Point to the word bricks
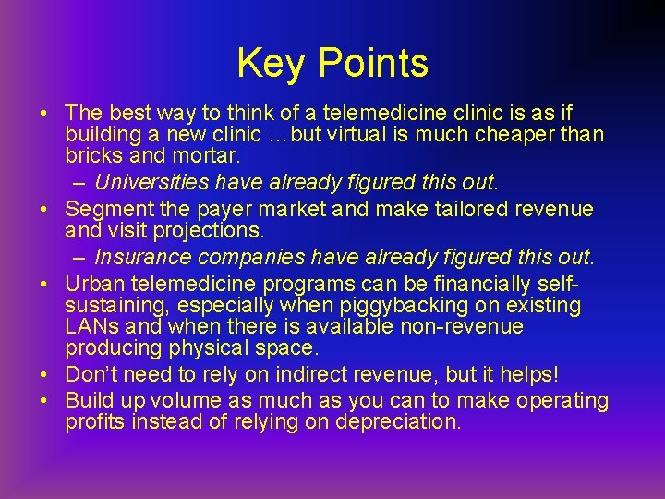coord(95,155)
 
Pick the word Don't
coord(95,375)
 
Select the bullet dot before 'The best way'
coord(44,114)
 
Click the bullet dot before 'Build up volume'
coord(44,402)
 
